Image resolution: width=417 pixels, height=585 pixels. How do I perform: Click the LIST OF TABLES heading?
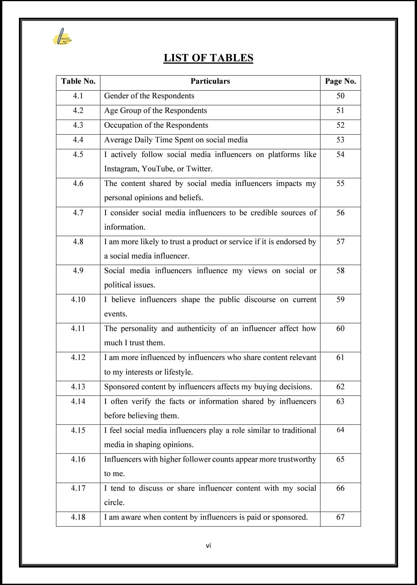pos(208,58)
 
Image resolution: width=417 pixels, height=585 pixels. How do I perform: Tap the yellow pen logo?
pos(62,37)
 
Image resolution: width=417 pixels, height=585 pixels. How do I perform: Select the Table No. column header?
pos(78,81)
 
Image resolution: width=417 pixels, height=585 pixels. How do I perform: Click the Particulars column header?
pos(210,81)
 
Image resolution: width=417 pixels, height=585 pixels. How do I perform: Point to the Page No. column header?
pos(340,81)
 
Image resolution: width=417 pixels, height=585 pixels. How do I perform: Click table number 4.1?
pos(78,96)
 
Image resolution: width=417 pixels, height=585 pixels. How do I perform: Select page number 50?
pos(340,96)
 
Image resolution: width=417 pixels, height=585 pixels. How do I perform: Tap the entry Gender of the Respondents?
pos(149,96)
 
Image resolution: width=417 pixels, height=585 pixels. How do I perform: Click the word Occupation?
pos(123,125)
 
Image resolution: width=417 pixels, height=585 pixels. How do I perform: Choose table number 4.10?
pos(78,299)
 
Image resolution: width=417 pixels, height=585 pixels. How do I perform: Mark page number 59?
pos(340,299)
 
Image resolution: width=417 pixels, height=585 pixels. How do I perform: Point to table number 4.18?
pos(78,517)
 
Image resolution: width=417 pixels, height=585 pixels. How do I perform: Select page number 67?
pos(340,517)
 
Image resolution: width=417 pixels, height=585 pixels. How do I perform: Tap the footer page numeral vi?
pos(208,545)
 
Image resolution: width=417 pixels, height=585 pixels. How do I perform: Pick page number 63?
pos(340,401)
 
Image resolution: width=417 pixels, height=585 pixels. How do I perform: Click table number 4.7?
pos(78,213)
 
